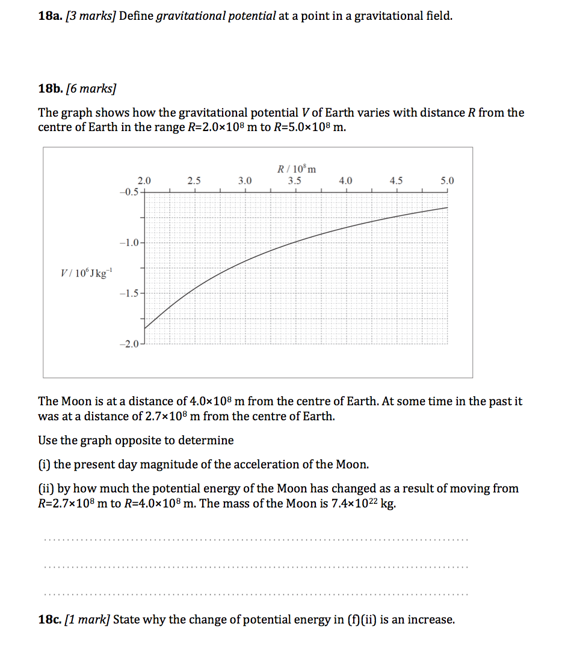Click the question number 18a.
click(x=47, y=16)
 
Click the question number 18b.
click(x=47, y=89)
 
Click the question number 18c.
click(x=47, y=619)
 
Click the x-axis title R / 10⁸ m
click(x=296, y=169)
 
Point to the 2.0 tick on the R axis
click(x=144, y=180)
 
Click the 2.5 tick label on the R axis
click(x=194, y=180)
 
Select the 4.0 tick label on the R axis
click(x=346, y=180)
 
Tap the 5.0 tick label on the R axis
click(x=447, y=180)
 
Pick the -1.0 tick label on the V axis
click(x=129, y=243)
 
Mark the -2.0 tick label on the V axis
click(x=129, y=344)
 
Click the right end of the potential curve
click(x=447, y=207)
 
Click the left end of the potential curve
click(x=145, y=328)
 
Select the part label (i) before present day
click(x=45, y=464)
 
